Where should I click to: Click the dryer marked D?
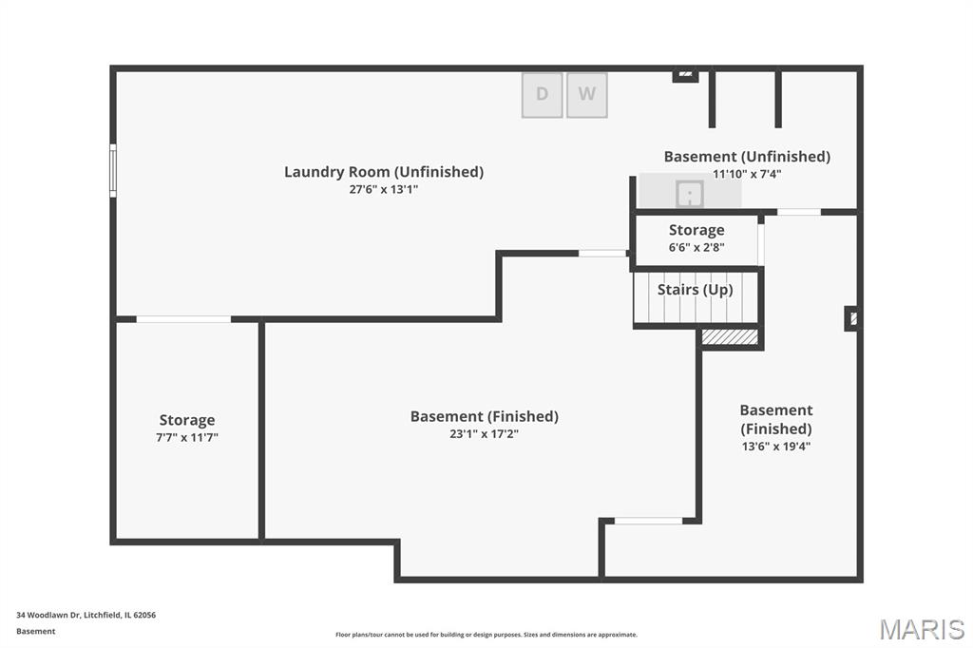[x=542, y=94]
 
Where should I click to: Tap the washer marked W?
[x=587, y=94]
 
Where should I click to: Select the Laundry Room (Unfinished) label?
[x=384, y=172]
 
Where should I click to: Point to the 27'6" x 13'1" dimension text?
[x=384, y=189]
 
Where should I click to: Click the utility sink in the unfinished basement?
[x=689, y=194]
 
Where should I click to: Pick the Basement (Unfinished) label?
[x=747, y=156]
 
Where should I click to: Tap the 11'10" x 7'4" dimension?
[x=747, y=174]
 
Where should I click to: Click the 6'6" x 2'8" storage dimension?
[x=696, y=247]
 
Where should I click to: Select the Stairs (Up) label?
[x=696, y=290]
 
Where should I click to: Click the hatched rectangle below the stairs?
[x=730, y=336]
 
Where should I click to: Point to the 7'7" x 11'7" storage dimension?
[x=187, y=437]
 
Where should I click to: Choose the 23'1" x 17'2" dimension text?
[x=485, y=434]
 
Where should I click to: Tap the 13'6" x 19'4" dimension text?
[x=776, y=446]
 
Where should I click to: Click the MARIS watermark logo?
[x=922, y=629]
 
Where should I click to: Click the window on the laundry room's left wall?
[x=113, y=170]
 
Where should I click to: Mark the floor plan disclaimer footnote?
[x=486, y=635]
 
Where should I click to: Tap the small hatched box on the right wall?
[x=852, y=318]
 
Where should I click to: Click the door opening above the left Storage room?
[x=183, y=319]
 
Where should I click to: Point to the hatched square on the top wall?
[x=685, y=73]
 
